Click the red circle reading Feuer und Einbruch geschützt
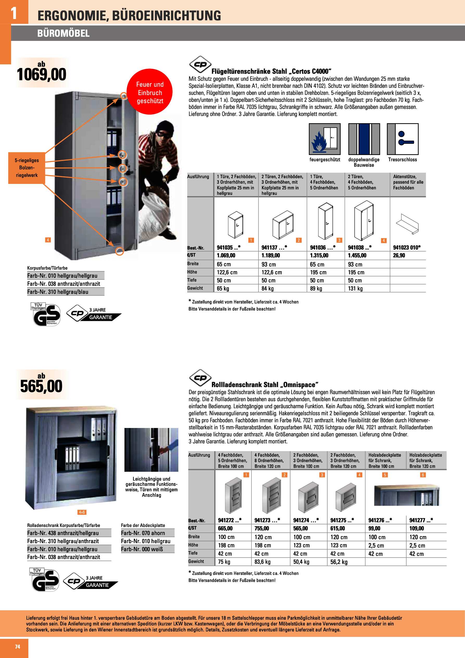point(150,92)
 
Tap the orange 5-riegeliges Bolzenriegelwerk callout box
point(27,168)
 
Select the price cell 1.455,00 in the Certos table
point(357,255)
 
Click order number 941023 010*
point(407,248)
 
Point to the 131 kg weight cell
point(355,289)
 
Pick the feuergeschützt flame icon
point(325,139)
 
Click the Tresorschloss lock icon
point(403,139)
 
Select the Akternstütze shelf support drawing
point(407,224)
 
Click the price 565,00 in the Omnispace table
point(300,528)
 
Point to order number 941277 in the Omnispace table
point(421,520)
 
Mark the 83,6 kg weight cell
point(262,562)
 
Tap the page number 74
point(17,647)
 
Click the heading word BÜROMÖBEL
point(63,34)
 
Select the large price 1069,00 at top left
point(42,75)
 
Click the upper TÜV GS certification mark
point(45,314)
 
